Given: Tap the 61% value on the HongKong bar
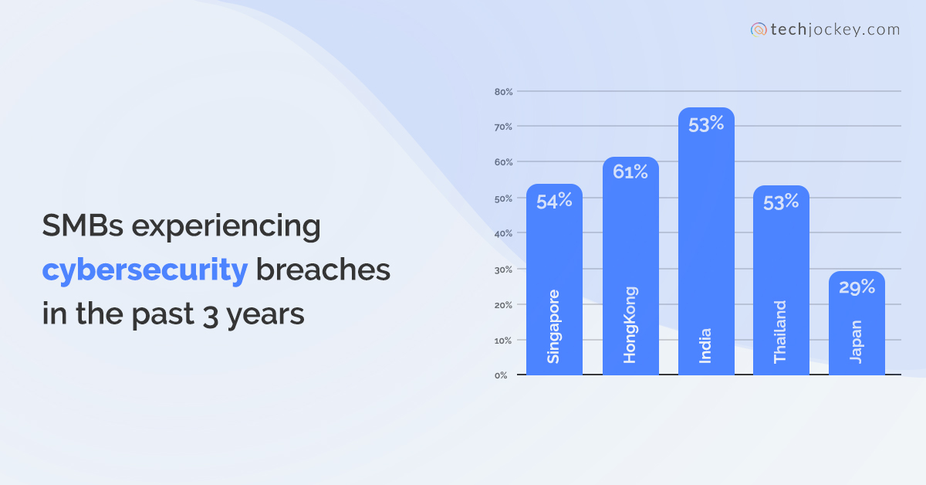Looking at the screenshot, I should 630,172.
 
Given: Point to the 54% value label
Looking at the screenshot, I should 555,201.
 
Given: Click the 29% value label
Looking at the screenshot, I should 857,287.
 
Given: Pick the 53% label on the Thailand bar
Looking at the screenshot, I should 781,202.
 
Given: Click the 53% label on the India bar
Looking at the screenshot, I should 706,124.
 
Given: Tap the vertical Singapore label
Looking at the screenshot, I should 553,326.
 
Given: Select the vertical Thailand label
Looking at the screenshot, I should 780,331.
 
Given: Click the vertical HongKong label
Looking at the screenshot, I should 630,324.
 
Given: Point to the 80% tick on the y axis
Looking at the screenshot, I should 504,92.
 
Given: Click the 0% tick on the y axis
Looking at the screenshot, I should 502,375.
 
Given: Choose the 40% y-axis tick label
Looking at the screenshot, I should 504,233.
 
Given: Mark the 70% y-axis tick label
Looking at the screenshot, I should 504,126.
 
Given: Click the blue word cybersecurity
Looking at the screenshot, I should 145,270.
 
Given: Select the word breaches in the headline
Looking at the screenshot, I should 323,270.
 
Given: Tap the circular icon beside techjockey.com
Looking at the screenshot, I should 759,30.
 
